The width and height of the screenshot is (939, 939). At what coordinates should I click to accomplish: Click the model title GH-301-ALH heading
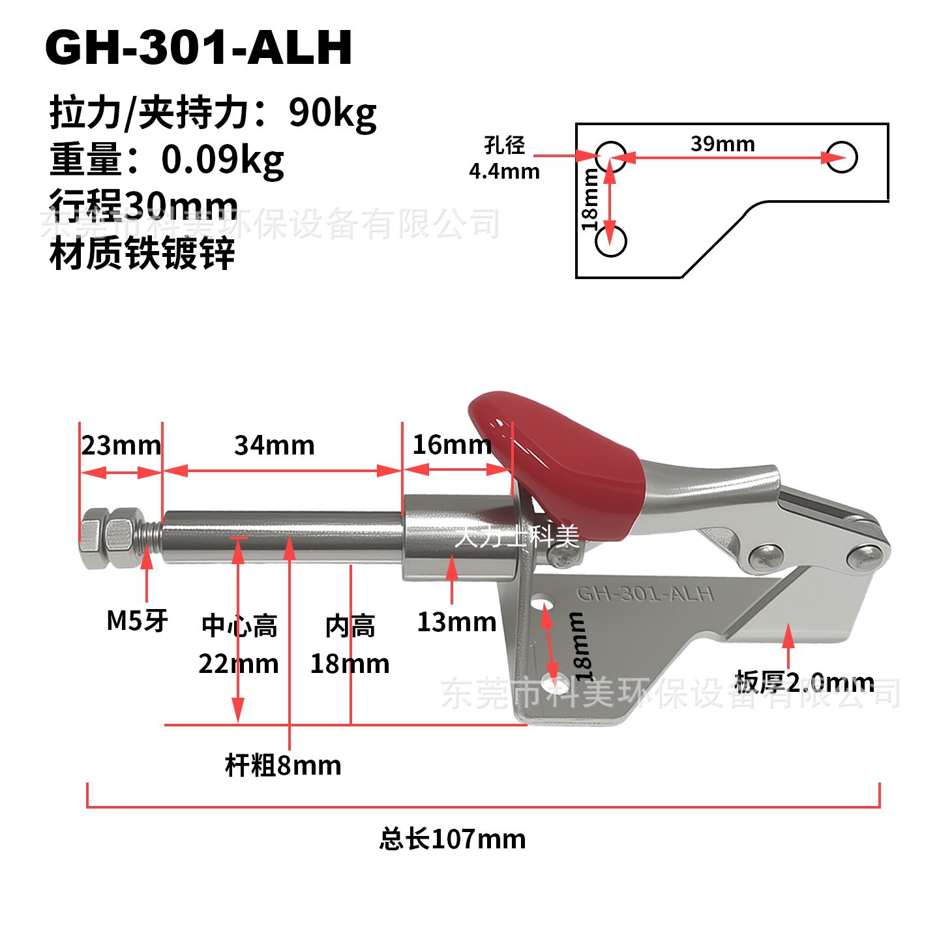[x=199, y=48]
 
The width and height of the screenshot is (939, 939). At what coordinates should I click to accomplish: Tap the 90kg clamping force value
[x=333, y=113]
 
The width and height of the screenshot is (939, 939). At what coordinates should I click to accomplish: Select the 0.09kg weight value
[x=222, y=160]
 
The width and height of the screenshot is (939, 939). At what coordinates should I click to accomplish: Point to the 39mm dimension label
[x=723, y=143]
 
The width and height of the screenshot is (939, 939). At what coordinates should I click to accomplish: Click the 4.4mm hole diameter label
[x=504, y=171]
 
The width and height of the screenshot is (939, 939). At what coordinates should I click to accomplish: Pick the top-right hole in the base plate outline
[x=841, y=157]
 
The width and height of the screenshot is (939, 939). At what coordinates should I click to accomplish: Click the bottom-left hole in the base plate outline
[x=611, y=241]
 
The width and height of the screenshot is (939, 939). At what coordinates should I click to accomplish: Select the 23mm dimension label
[x=121, y=446]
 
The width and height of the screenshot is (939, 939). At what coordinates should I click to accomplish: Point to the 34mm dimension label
[x=275, y=445]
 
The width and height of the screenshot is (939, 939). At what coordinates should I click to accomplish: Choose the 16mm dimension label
[x=452, y=445]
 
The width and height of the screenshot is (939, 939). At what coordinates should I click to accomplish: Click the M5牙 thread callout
[x=137, y=620]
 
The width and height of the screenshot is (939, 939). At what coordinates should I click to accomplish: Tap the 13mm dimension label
[x=456, y=622]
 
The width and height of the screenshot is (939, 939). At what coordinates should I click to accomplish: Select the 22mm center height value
[x=239, y=664]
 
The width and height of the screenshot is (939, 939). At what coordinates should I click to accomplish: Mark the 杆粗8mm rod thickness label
[x=283, y=765]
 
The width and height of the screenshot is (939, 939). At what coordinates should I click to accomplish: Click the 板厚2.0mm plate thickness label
[x=804, y=683]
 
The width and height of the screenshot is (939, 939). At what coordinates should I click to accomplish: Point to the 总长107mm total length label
[x=453, y=839]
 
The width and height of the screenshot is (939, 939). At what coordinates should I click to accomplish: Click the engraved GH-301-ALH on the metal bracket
[x=645, y=594]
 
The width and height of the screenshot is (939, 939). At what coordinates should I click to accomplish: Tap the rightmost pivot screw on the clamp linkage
[x=867, y=556]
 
